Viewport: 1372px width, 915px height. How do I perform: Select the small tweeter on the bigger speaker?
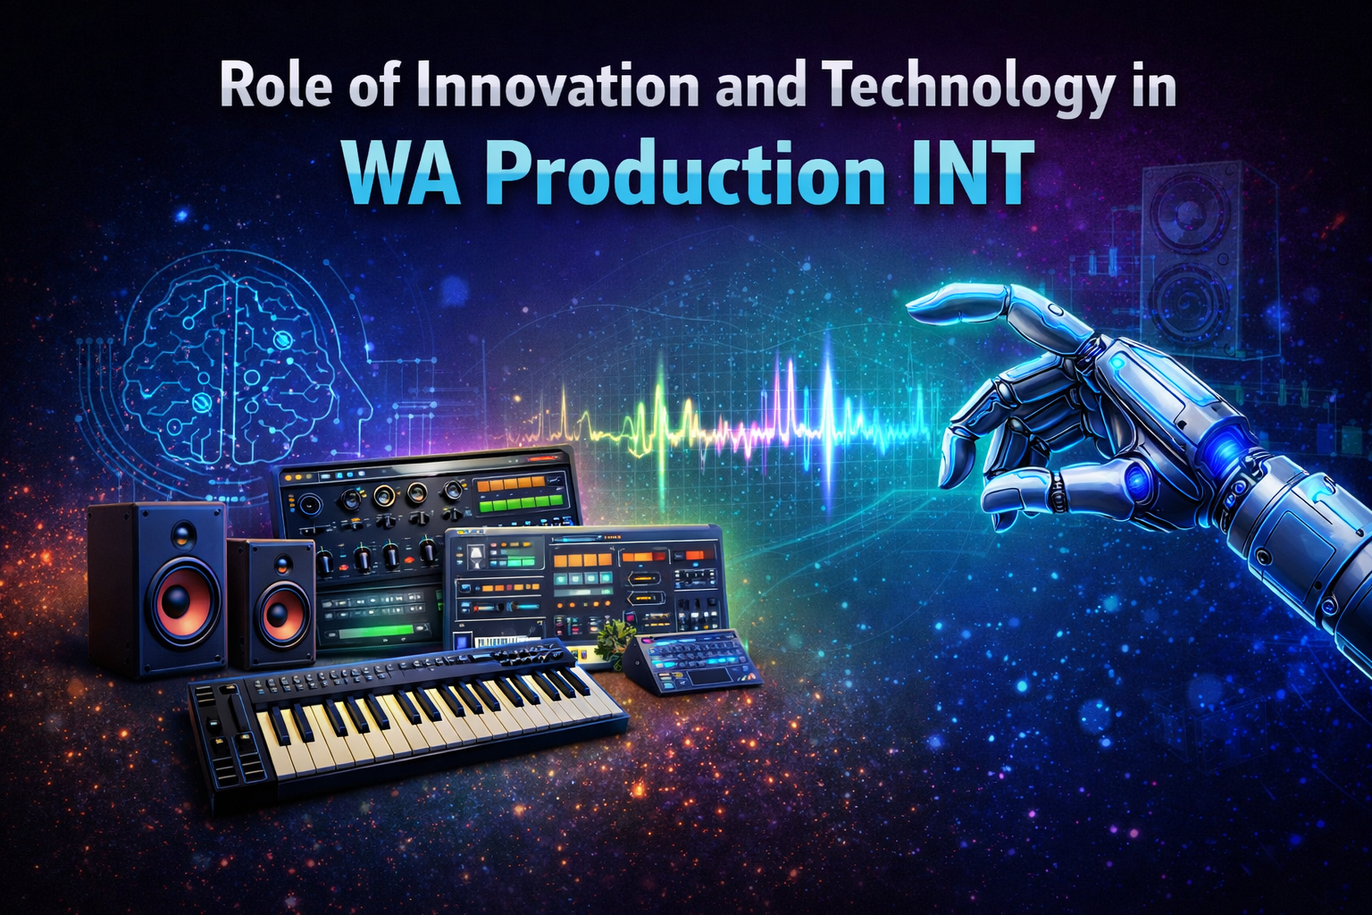point(182,533)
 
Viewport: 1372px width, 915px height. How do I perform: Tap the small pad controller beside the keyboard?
point(695,664)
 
